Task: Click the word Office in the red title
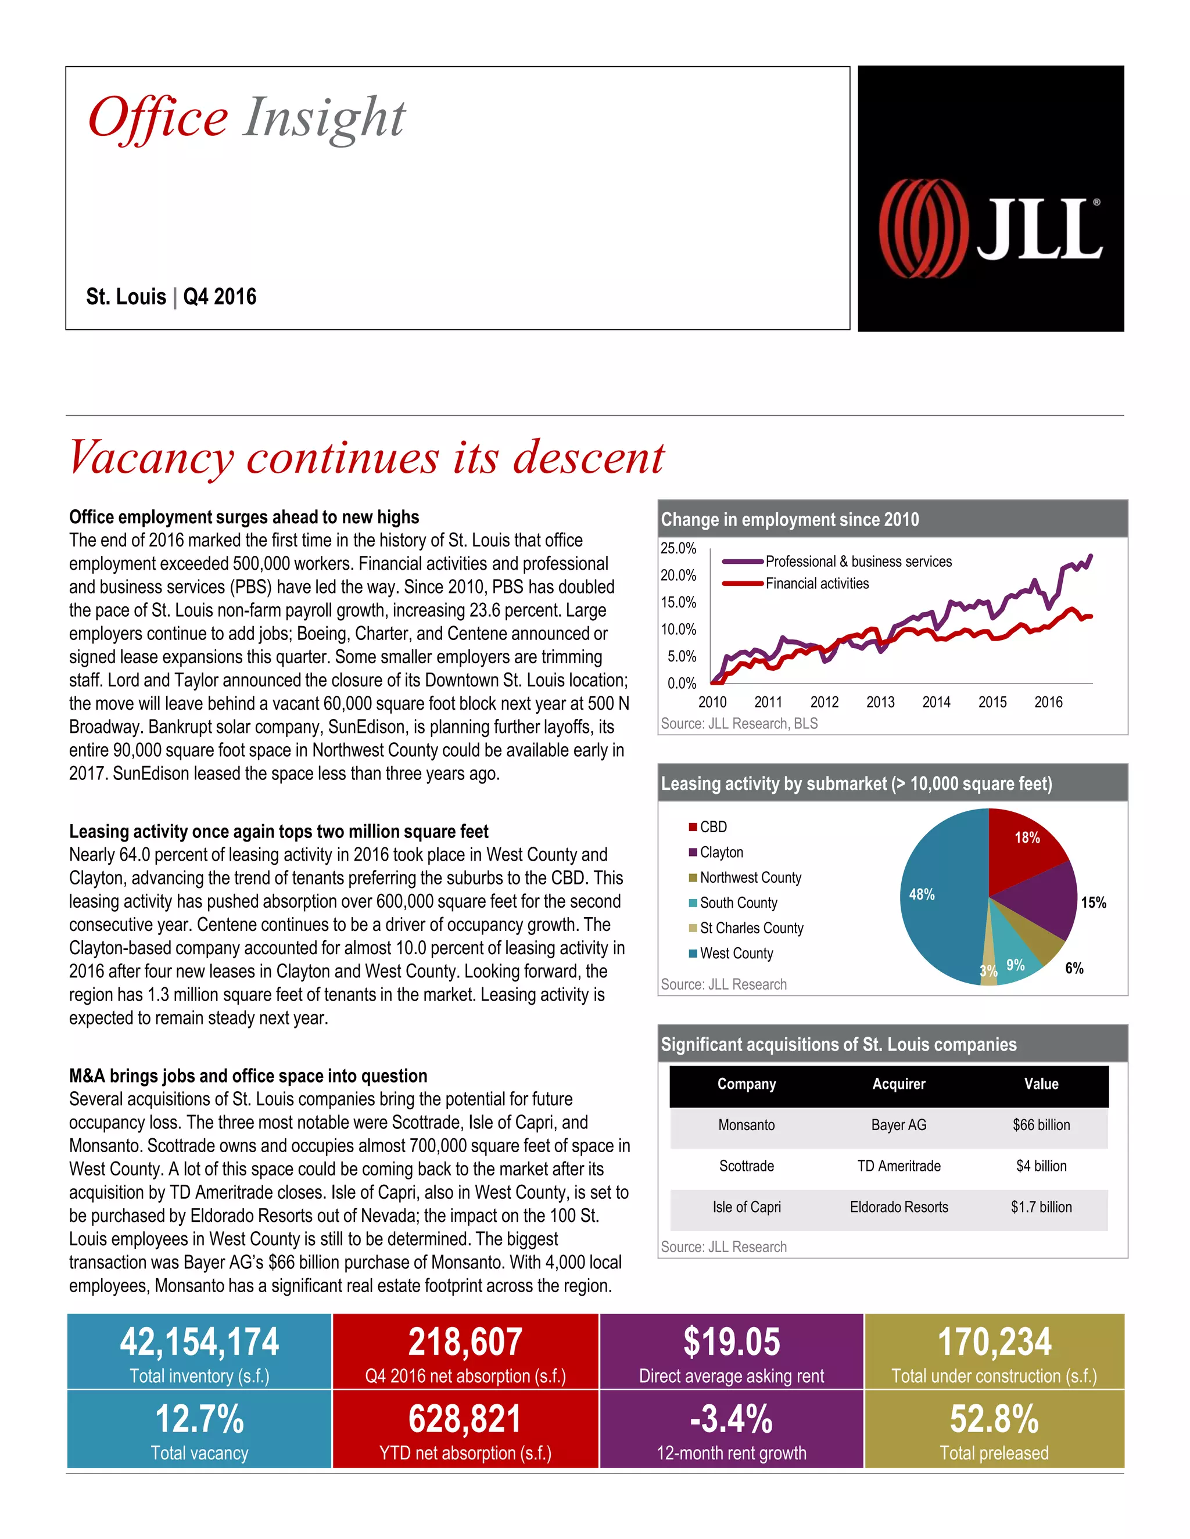(x=158, y=118)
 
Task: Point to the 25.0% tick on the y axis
(x=678, y=548)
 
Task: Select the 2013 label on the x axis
(x=880, y=702)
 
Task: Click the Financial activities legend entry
(x=816, y=584)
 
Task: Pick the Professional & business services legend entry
(x=858, y=562)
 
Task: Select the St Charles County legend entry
(x=751, y=928)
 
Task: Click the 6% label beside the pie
(x=1074, y=968)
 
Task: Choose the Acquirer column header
(x=898, y=1084)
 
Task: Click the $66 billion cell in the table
(x=1041, y=1125)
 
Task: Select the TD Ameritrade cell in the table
(x=898, y=1166)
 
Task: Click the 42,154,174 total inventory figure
(x=199, y=1342)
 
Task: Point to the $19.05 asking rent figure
(x=731, y=1342)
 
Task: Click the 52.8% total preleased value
(x=994, y=1419)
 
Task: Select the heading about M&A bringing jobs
(x=248, y=1076)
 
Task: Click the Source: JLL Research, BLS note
(x=739, y=724)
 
